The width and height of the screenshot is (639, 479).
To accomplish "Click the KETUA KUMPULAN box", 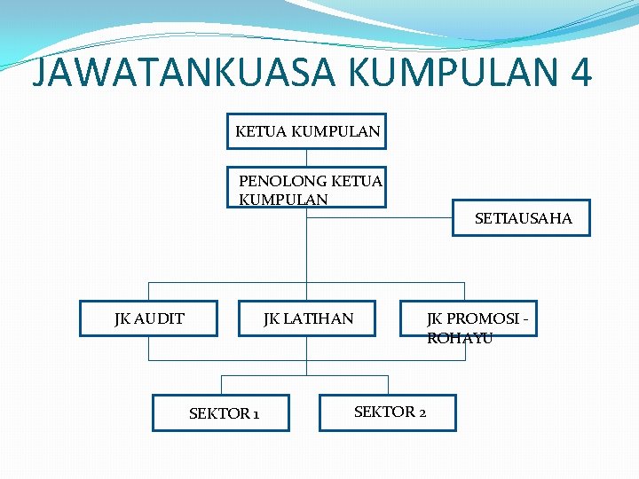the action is pos(307,132).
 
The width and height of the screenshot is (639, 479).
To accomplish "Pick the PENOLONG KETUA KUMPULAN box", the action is pos(307,187).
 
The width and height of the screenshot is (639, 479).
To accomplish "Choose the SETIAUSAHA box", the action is pos(522,217).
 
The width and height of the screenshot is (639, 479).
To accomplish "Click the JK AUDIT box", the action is pos(148,318).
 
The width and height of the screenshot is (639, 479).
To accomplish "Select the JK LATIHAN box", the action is pos(307,318).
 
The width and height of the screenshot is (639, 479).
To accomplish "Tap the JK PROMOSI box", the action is pos(469,318).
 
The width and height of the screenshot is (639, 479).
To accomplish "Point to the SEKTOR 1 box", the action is pos(221,412).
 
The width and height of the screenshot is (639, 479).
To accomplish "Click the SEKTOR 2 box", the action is pos(388,412).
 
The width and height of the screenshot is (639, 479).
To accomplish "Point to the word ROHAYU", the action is pos(460,338).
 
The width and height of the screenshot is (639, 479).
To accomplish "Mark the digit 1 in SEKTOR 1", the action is pos(256,414).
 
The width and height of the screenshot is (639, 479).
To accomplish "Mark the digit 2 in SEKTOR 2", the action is pos(422,412).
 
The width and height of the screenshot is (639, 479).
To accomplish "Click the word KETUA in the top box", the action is pos(260,132).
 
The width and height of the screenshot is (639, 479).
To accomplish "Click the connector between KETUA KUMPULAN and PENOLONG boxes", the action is pos(307,158).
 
